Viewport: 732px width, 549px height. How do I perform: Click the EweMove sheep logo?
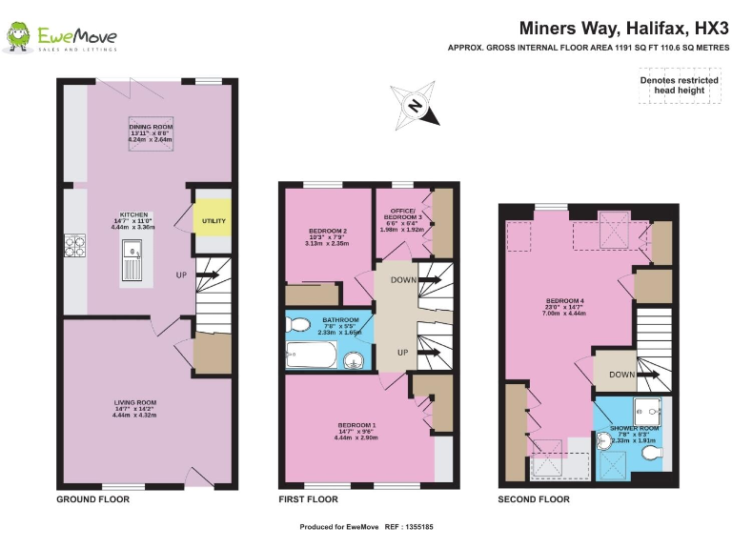pos(19,37)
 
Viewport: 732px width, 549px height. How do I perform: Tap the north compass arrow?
pos(416,106)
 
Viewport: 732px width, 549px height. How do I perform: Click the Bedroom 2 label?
pos(327,236)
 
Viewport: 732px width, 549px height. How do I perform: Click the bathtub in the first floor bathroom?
pos(312,358)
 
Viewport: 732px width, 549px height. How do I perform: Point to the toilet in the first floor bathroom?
pos(298,326)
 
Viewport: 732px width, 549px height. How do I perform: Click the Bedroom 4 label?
pos(564,307)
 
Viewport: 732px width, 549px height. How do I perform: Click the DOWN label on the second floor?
pos(621,376)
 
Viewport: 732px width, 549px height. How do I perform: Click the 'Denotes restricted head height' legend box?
pos(678,85)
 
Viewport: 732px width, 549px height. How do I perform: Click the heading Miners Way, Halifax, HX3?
pos(624,29)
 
